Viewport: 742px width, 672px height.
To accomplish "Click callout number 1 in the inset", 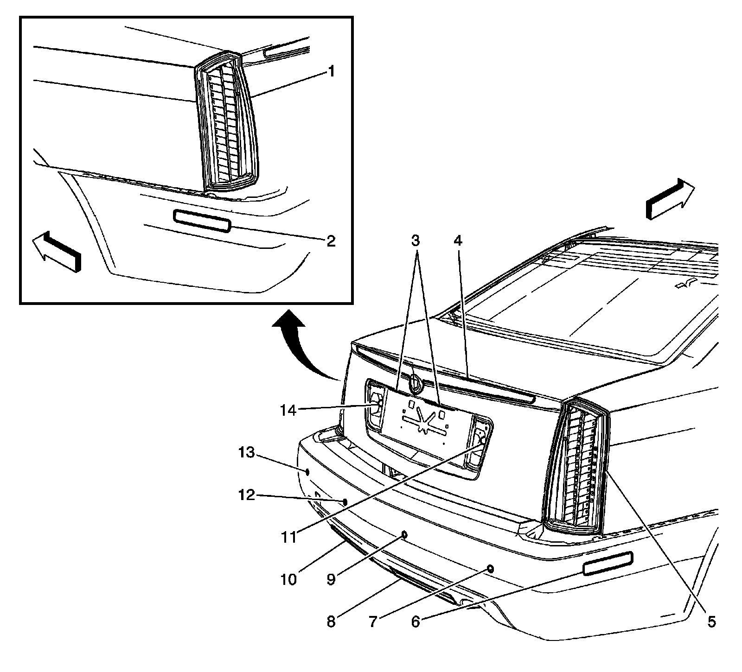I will click(331, 72).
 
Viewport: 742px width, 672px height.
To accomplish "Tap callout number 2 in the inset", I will click(331, 241).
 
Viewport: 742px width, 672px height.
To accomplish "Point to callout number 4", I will click(458, 241).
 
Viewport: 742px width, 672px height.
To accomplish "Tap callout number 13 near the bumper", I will click(247, 452).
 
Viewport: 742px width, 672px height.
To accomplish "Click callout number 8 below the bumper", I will click(331, 621).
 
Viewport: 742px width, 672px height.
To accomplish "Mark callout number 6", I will click(415, 621).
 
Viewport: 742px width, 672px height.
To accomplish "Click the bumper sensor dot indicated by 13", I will click(307, 471).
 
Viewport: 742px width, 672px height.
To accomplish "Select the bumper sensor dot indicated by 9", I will click(404, 534).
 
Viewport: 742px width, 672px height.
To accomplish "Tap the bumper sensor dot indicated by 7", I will click(490, 568).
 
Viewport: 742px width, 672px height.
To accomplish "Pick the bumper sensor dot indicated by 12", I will click(345, 502).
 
